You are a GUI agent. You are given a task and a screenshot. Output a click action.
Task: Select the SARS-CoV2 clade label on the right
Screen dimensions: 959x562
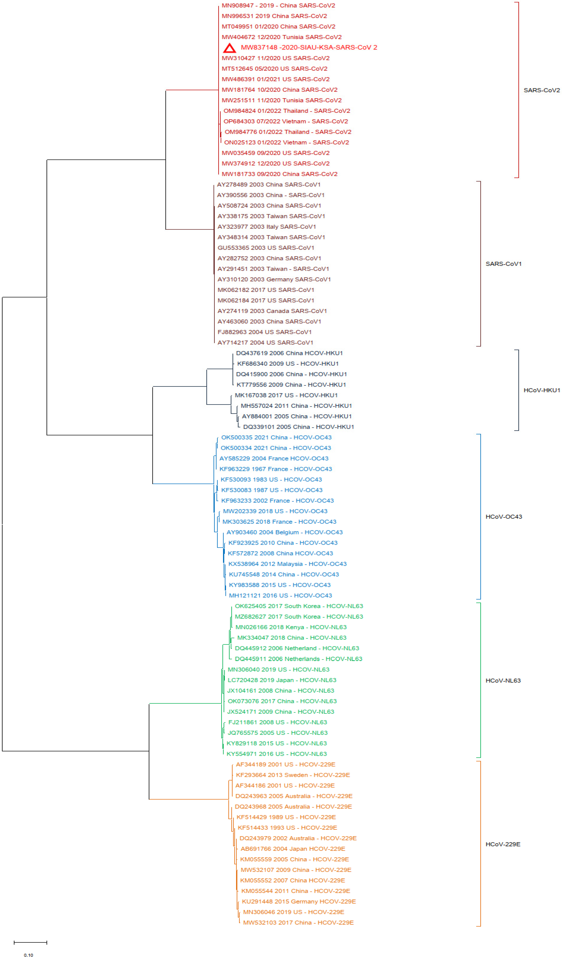(541, 90)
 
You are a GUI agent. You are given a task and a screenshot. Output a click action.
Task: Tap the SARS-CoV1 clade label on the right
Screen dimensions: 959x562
(503, 264)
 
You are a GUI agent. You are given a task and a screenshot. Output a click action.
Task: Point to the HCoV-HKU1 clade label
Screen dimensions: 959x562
(541, 390)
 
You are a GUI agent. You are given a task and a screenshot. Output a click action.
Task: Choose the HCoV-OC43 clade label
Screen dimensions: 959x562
(503, 517)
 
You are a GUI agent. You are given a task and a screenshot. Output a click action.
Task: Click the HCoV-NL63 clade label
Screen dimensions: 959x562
(503, 680)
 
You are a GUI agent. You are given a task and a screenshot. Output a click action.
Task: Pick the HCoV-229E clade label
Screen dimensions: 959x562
(503, 844)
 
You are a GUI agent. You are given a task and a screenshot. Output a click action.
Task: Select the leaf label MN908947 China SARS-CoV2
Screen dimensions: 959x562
(278, 5)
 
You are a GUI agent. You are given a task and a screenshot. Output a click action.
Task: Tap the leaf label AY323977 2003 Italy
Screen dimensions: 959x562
(266, 227)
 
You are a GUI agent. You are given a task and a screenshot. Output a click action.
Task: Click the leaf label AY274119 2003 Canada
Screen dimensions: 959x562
(272, 311)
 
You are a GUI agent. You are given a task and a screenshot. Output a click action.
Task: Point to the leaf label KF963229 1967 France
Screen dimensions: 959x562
(275, 469)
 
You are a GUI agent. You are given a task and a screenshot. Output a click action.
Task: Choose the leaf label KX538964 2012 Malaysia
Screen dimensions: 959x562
(287, 564)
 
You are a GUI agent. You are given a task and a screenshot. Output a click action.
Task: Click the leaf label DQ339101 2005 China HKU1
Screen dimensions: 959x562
(298, 427)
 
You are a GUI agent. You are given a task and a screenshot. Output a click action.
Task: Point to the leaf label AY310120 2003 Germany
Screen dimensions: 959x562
(274, 279)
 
